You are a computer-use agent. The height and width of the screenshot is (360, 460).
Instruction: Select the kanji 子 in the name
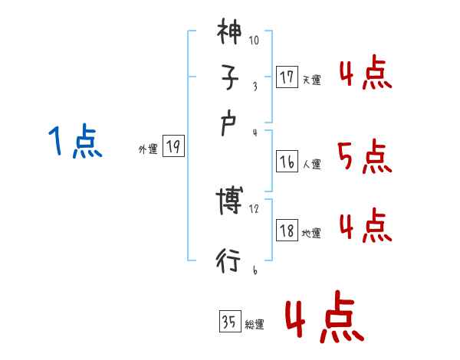click(x=229, y=79)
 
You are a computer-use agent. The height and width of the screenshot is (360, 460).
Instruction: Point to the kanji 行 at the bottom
click(x=229, y=260)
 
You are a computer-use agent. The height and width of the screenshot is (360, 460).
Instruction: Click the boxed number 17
click(x=287, y=77)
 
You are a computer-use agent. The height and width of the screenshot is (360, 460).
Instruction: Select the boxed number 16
click(x=287, y=162)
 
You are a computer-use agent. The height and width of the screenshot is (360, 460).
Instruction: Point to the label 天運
click(x=311, y=80)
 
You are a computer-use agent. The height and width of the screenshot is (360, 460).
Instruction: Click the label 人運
click(x=311, y=165)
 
